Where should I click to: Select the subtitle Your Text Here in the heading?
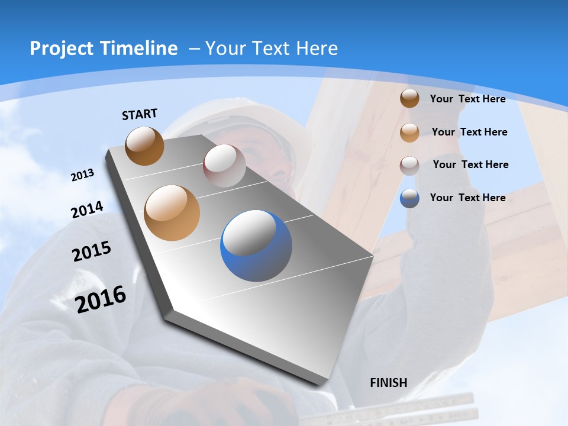[x=271, y=49]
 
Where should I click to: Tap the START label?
[x=140, y=114]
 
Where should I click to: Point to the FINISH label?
[x=389, y=383]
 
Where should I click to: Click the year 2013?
[x=82, y=175]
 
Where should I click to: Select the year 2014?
[x=87, y=210]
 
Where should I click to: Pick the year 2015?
[x=91, y=251]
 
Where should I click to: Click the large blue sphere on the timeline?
[x=256, y=246]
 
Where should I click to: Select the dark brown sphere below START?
[x=144, y=146]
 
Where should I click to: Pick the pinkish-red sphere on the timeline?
[x=224, y=166]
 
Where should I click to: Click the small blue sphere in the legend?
[x=409, y=198]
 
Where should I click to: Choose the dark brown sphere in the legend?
[x=409, y=98]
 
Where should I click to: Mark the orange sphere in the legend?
[x=409, y=132]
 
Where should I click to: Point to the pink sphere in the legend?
[x=409, y=165]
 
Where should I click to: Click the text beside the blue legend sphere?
[x=467, y=198]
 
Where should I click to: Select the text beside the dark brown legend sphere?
[x=467, y=99]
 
